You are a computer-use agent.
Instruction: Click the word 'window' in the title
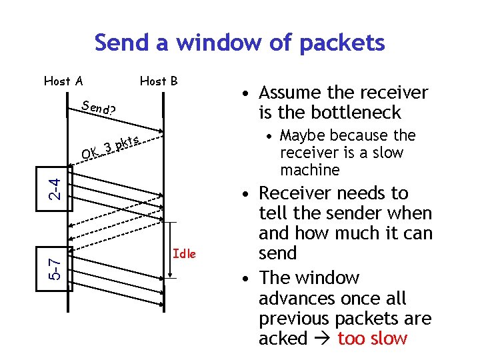pyautogui.click(x=212, y=43)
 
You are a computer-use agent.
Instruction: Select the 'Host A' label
pyautogui.click(x=63, y=81)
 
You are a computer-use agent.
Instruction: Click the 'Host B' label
pyautogui.click(x=159, y=81)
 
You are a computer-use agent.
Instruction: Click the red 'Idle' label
pyautogui.click(x=184, y=253)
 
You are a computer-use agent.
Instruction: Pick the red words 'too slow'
pyautogui.click(x=372, y=339)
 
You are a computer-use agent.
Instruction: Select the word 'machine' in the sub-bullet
pyautogui.click(x=310, y=170)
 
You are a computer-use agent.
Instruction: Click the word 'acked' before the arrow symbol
pyautogui.click(x=283, y=339)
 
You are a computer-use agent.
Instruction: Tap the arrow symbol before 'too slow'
pyautogui.click(x=322, y=339)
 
